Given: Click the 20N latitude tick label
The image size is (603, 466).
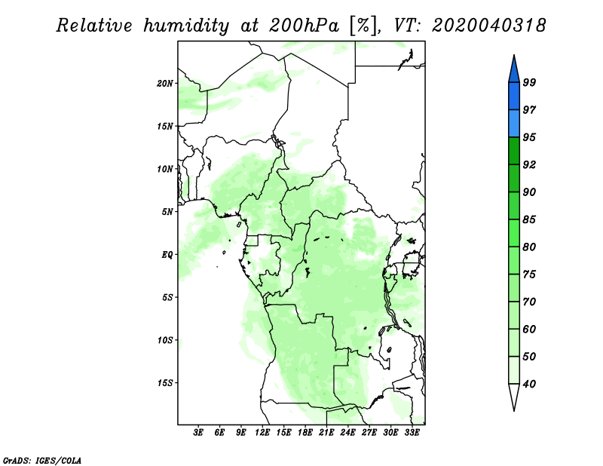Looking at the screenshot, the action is click(165, 84).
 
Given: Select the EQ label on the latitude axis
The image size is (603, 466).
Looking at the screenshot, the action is click(167, 255).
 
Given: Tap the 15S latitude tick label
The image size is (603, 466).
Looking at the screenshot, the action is click(165, 383).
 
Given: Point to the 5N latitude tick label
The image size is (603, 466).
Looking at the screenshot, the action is click(167, 212).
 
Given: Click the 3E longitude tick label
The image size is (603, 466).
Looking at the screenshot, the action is click(198, 433).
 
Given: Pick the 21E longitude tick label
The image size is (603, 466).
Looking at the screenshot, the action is click(326, 433).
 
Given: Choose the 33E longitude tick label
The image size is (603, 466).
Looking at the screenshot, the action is click(412, 433).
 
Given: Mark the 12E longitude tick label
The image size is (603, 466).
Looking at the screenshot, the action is click(262, 433).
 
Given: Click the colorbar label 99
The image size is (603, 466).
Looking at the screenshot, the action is click(529, 82).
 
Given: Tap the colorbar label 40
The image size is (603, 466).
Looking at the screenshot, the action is click(529, 384).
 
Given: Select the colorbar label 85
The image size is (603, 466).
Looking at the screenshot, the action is click(529, 219).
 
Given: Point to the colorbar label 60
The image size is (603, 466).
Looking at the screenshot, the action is click(529, 329).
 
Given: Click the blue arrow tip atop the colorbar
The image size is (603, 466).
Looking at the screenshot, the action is click(514, 56).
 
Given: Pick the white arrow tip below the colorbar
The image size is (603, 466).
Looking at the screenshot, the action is click(514, 410).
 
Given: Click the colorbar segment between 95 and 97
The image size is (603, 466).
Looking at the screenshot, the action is click(514, 124).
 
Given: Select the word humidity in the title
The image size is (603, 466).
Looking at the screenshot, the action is click(186, 26).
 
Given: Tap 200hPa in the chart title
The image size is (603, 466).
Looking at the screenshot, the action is click(305, 26).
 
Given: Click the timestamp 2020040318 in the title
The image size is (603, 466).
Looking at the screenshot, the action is click(488, 26).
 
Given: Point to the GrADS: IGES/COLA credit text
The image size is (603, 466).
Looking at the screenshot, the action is click(42, 460).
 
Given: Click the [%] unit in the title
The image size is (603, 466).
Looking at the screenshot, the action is click(363, 26).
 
